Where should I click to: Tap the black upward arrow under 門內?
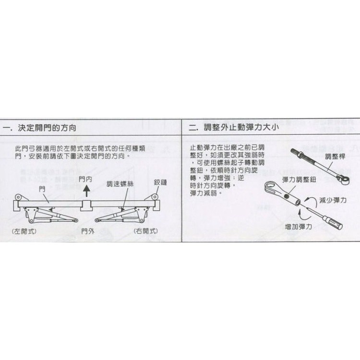[x=86, y=191]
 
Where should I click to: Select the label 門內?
[x=86, y=179]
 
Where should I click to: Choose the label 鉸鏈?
[x=160, y=182]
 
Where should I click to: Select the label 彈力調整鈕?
[x=298, y=179]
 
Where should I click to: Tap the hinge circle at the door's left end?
[x=17, y=198]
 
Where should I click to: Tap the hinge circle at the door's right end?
[x=155, y=198]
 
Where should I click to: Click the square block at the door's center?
[x=86, y=205]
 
